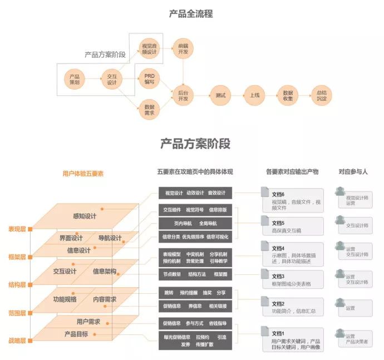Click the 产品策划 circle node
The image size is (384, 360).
point(74,79)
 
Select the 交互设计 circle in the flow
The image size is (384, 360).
point(112,79)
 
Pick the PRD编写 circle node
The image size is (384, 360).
point(149,78)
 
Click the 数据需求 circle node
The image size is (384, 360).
point(149,109)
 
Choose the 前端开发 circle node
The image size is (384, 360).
point(183,48)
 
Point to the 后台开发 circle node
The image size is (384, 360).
point(183,95)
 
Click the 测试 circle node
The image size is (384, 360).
point(220,95)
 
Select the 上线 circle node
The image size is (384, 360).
point(254,95)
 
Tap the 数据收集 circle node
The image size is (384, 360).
point(288,95)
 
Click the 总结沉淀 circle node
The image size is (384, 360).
point(321,95)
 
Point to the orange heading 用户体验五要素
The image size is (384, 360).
point(83,173)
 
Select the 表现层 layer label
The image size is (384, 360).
point(17,229)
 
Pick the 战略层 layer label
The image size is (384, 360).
point(17,339)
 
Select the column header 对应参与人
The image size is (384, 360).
point(353,172)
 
